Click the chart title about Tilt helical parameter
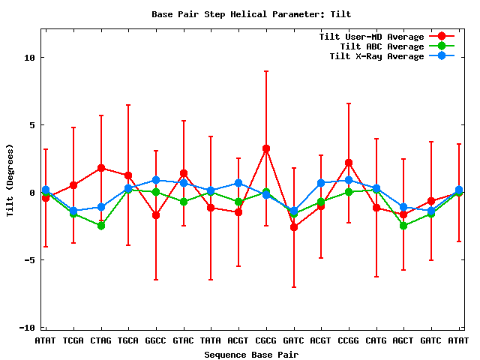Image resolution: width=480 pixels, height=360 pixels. click(251, 14)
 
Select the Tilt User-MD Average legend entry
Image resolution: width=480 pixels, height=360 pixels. click(371, 37)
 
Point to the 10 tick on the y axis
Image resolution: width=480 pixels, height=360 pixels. click(29, 58)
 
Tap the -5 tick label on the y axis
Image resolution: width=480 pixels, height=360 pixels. click(29, 260)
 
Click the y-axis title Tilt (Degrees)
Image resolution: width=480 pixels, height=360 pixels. click(10, 180)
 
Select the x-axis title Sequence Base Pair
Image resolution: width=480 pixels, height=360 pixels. click(251, 354)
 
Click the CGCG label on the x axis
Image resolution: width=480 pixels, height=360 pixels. click(266, 341)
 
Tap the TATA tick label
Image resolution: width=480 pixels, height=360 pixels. click(211, 341)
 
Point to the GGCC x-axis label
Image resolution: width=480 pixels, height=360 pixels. click(156, 341)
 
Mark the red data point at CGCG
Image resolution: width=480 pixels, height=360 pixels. click(266, 148)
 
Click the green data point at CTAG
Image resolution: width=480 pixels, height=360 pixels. click(101, 226)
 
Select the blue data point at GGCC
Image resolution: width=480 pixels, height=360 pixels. click(156, 180)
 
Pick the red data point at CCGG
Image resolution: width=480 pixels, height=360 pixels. click(349, 163)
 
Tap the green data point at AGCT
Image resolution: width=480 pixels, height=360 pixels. click(403, 226)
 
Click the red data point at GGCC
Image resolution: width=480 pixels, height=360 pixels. click(156, 215)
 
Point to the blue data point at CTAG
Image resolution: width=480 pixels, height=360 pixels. click(101, 207)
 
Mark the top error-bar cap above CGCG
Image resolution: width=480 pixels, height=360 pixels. click(266, 71)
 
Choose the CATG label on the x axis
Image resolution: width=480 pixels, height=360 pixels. click(376, 341)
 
